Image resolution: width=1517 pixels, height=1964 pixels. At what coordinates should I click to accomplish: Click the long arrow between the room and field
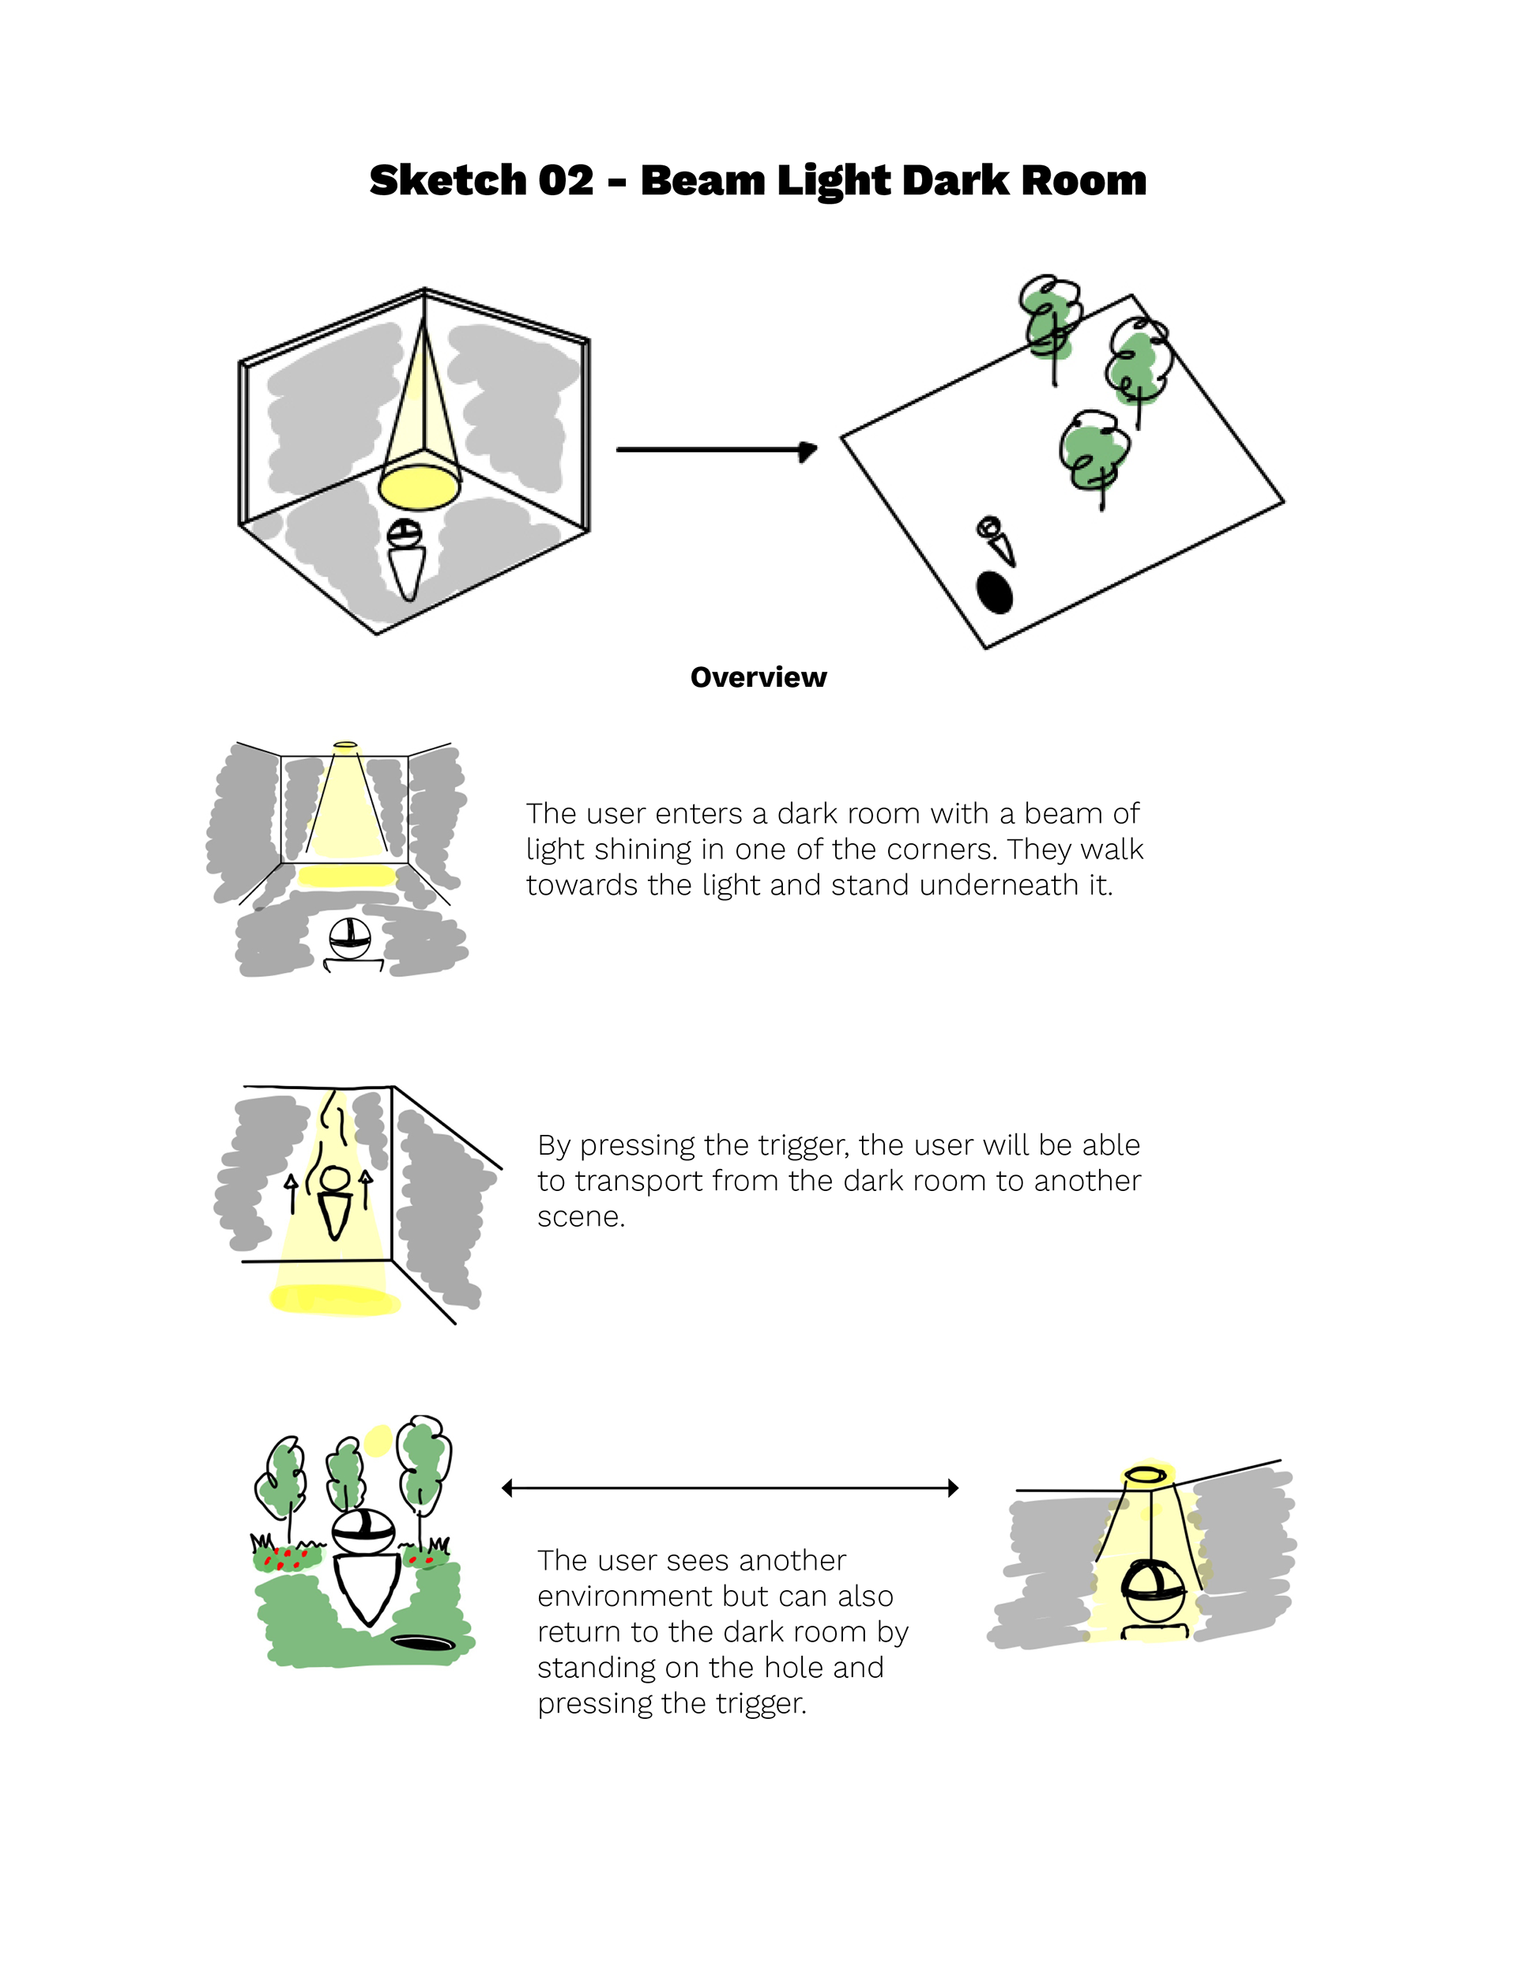coord(715,449)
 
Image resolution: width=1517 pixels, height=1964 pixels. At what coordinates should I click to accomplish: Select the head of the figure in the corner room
coord(405,533)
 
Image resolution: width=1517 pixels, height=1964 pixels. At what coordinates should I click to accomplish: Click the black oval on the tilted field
coord(994,592)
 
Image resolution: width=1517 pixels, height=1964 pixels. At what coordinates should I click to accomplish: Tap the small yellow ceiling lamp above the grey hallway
coord(345,745)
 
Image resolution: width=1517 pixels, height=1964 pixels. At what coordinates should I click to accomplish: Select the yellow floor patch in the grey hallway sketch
coord(346,876)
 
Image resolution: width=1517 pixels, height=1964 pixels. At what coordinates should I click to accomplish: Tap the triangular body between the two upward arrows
coord(333,1216)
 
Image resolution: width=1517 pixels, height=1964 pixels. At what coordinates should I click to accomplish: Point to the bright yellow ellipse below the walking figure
coord(334,1299)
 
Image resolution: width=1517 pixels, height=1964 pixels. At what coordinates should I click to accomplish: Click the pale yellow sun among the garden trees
coord(377,1440)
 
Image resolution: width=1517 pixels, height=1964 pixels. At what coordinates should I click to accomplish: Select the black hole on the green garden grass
coord(423,1642)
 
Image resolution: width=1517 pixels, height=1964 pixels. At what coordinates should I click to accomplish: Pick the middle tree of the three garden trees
coord(345,1480)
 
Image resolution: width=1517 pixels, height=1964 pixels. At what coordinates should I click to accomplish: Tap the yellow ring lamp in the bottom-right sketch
coord(1147,1474)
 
